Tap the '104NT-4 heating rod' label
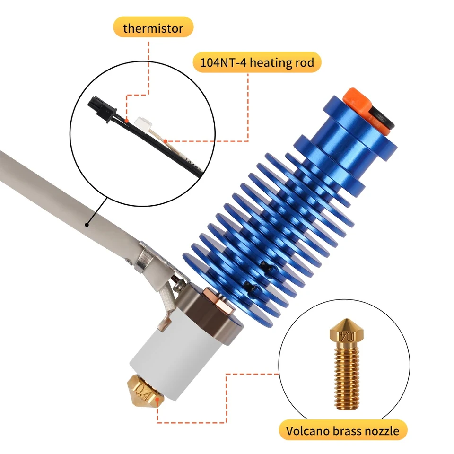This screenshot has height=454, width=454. coord(257,62)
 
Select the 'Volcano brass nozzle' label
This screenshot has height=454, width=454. coord(343,430)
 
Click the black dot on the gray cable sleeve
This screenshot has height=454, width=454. coord(87,224)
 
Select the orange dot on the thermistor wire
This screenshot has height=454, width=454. coord(127,120)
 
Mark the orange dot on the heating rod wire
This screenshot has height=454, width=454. coord(166,141)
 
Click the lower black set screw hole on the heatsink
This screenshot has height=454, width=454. coord(250,286)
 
